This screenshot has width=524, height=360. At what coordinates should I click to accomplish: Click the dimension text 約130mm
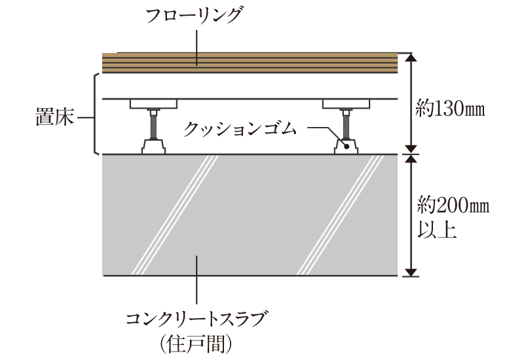pos(451,109)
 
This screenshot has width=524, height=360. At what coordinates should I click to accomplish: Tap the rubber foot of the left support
pos(154,147)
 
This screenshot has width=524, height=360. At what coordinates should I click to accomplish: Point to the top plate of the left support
pos(154,103)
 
